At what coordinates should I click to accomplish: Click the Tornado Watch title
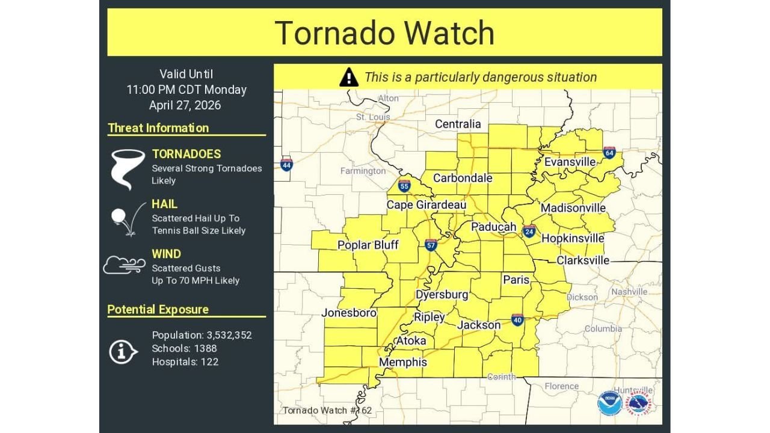[384, 32]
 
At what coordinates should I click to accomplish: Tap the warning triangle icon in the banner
[349, 77]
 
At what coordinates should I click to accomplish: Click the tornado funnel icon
[128, 168]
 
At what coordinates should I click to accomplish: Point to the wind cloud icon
[124, 265]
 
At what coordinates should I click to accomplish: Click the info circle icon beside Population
[123, 351]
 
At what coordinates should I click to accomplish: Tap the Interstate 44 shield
[286, 164]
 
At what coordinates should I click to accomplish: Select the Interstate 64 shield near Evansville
[609, 153]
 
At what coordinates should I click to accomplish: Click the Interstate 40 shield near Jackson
[517, 319]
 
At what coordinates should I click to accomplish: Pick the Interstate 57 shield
[431, 244]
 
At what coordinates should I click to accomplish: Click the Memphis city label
[402, 362]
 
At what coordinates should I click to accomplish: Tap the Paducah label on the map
[493, 227]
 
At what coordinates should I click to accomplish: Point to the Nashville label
[630, 292]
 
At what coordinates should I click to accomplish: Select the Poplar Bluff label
[368, 245]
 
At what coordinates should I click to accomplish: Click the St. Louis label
[372, 117]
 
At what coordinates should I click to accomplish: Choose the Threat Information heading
[158, 127]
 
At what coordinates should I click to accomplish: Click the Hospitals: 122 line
[185, 362]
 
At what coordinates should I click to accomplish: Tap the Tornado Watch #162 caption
[327, 410]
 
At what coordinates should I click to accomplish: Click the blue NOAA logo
[609, 402]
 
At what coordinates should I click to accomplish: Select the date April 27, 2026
[185, 105]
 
